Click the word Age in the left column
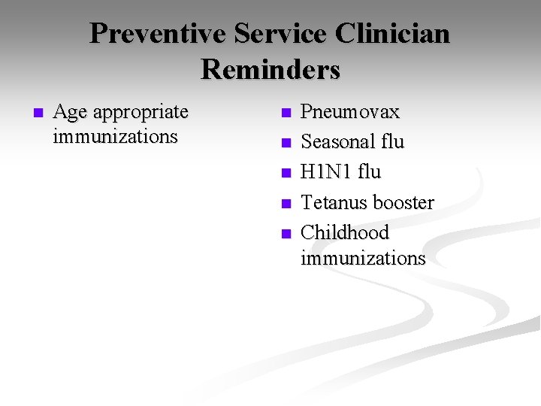tap(71, 113)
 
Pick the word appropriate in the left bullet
tap(141, 113)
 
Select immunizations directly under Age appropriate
tap(116, 137)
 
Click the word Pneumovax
tap(350, 112)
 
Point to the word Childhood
tap(345, 233)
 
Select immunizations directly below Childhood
tap(363, 258)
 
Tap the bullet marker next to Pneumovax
tap(285, 114)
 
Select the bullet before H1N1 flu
tap(285, 174)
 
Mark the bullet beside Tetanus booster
tap(285, 204)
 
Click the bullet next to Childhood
tap(285, 234)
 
